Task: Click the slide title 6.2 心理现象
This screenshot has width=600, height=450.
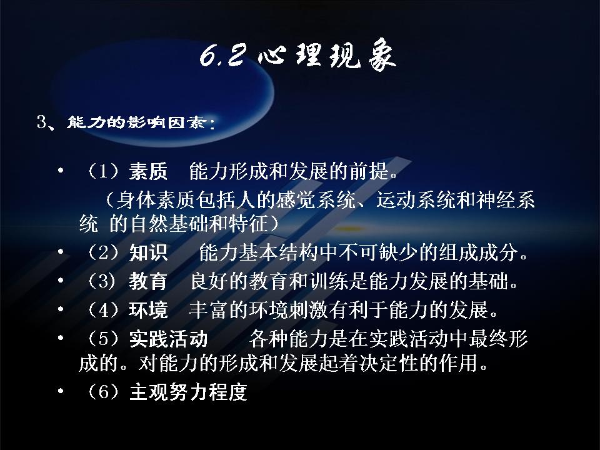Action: (298, 56)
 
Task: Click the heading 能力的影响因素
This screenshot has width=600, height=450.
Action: (137, 122)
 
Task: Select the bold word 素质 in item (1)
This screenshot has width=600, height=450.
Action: (148, 171)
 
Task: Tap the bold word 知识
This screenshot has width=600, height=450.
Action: (148, 252)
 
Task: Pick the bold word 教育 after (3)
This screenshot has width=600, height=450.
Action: (148, 281)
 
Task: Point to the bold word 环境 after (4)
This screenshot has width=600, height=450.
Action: (148, 310)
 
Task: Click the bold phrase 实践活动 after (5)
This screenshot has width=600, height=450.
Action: (168, 339)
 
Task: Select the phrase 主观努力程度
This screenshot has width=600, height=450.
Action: (188, 392)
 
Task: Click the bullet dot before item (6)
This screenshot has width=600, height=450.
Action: (61, 391)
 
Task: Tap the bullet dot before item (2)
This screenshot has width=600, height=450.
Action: (61, 251)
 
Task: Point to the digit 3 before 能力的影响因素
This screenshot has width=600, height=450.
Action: (42, 122)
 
